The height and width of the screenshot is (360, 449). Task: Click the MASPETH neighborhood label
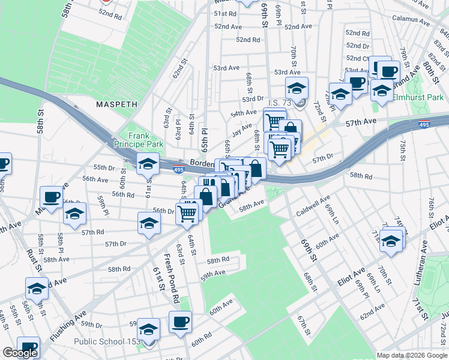(116, 104)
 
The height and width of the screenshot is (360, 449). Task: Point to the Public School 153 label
(107, 342)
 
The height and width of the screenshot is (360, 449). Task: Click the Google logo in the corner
(20, 353)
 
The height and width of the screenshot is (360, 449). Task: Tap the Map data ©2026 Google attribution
(412, 355)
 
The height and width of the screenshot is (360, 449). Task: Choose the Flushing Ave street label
(68, 326)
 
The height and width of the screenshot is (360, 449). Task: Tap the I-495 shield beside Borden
(179, 169)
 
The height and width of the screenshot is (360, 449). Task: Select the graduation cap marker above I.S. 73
(297, 88)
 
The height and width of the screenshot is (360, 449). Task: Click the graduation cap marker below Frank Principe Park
(148, 163)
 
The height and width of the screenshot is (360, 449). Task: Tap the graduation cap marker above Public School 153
(148, 328)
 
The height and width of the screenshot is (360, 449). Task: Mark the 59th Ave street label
(212, 273)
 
